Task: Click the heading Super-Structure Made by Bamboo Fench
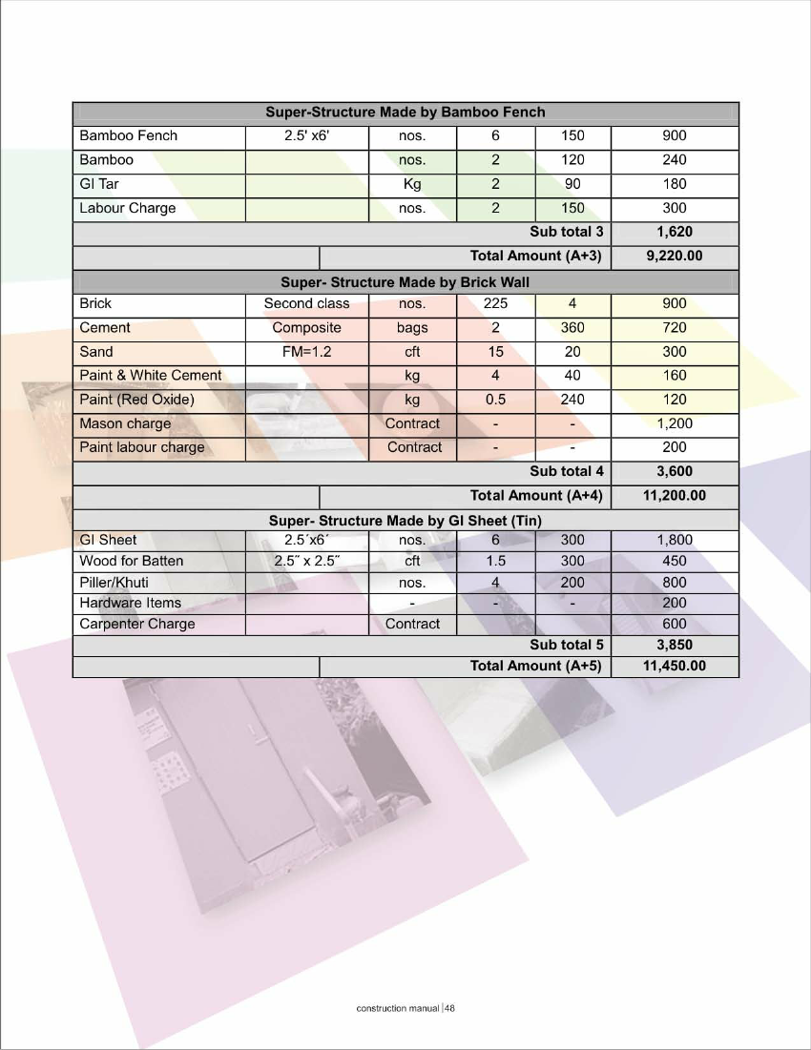405,113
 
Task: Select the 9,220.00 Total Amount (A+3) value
675,256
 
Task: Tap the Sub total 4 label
567,471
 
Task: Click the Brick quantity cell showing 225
495,304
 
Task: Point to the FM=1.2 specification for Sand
306,352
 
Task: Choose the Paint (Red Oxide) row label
136,400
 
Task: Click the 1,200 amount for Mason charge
675,423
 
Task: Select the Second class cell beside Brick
306,304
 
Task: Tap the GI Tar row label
99,184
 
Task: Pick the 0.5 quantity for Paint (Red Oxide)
495,400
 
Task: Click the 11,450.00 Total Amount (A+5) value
675,666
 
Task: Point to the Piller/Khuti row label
114,582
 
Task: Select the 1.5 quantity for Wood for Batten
495,561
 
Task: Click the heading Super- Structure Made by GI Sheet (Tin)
405,521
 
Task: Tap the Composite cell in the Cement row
306,328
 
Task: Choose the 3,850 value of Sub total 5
675,645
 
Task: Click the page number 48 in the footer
450,1008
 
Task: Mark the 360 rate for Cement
572,328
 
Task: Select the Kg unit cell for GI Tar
412,184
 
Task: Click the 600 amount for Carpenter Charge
675,624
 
